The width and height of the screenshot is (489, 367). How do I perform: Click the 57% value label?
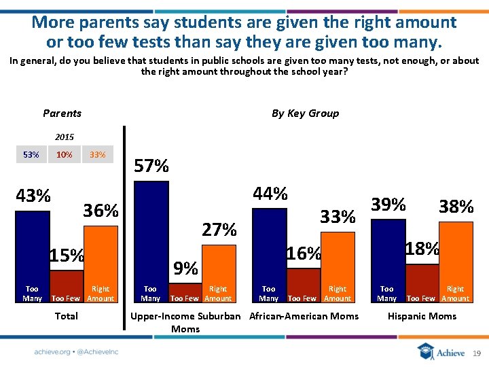click(151, 166)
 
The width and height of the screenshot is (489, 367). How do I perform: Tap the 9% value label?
click(185, 268)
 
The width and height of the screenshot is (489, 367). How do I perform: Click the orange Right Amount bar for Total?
click(101, 251)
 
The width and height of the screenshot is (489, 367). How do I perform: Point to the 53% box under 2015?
click(31, 155)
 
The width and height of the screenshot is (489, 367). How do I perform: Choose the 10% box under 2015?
click(65, 155)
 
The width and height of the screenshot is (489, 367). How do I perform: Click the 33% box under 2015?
click(98, 155)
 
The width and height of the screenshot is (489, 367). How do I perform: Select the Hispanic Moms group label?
click(422, 316)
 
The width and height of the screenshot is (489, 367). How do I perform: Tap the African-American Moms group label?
click(304, 316)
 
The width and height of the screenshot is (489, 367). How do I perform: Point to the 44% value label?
click(270, 194)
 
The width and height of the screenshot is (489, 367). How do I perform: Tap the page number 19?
click(476, 353)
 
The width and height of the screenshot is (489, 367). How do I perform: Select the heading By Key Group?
click(305, 113)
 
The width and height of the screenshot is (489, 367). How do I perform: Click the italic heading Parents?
click(62, 113)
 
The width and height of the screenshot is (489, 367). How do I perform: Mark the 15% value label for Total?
click(66, 256)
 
